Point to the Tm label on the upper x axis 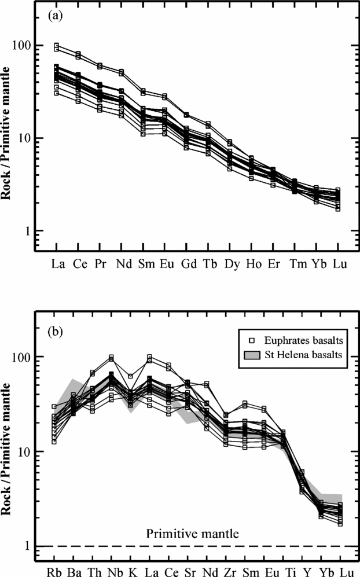295,264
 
